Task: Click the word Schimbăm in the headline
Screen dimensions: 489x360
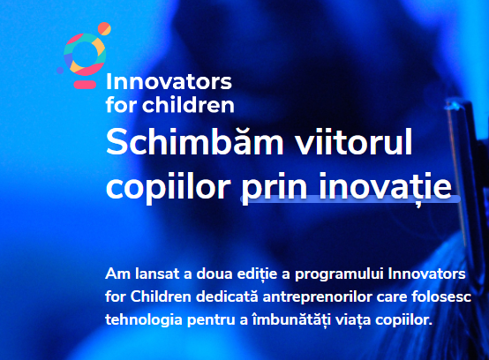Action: [x=195, y=142]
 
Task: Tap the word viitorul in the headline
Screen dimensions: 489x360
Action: [x=354, y=142]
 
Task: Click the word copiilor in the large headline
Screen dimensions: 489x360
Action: [x=169, y=188]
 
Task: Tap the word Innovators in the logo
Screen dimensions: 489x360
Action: [x=169, y=82]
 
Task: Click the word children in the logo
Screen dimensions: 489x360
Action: [x=188, y=104]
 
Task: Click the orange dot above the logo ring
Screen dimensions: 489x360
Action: [x=104, y=28]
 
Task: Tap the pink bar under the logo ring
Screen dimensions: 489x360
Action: [x=85, y=85]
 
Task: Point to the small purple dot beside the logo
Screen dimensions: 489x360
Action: [x=60, y=71]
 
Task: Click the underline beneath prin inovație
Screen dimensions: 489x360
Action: [x=350, y=199]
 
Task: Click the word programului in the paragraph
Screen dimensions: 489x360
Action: [x=339, y=275]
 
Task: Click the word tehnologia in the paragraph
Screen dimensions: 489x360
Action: [x=144, y=320]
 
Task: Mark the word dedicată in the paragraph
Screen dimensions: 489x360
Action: [x=227, y=296]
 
